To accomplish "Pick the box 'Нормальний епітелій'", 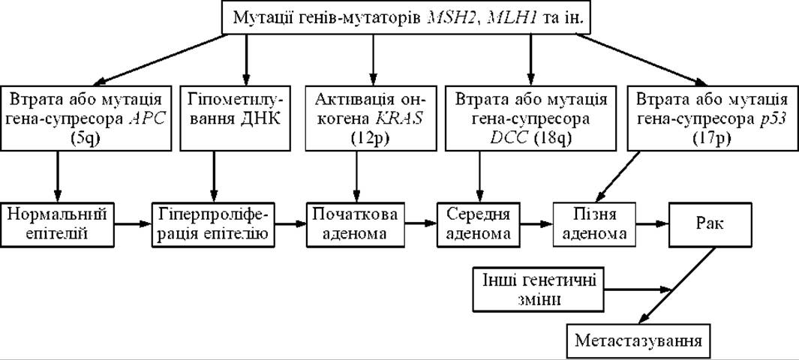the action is [57, 224].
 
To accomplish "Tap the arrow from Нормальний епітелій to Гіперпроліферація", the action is [133, 224].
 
